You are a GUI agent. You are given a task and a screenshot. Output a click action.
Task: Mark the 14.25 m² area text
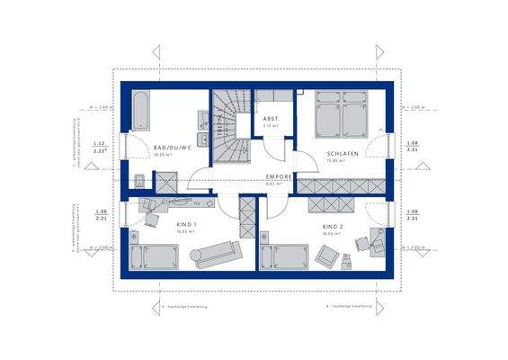point(163,155)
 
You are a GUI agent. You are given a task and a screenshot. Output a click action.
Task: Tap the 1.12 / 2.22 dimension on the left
point(102,148)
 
